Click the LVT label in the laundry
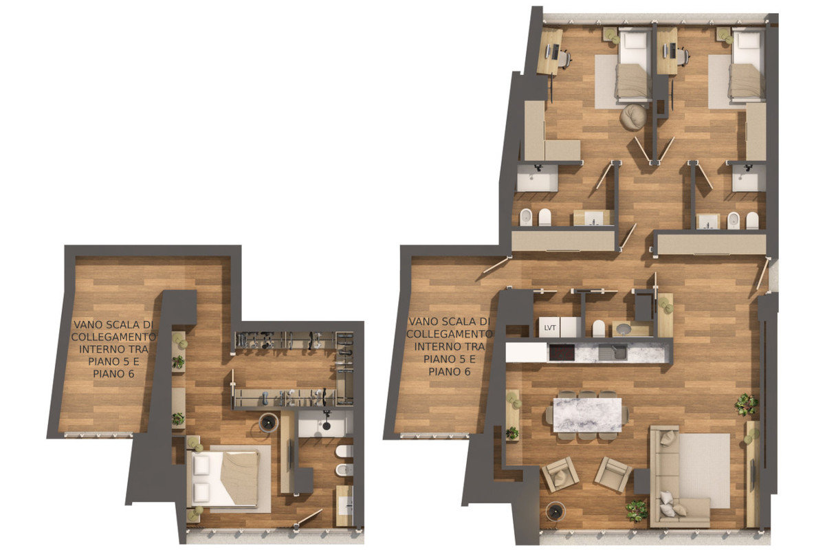[x=549, y=327]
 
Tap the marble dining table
[x=587, y=415]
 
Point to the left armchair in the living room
[x=559, y=474]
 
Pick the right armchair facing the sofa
[x=613, y=474]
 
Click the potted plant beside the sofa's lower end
[x=637, y=509]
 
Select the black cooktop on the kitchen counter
[x=560, y=353]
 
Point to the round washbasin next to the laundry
[x=623, y=329]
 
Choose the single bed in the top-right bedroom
[x=747, y=65]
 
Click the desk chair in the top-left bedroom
[x=564, y=59]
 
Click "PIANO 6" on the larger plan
[x=447, y=371]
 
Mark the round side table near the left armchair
[x=555, y=511]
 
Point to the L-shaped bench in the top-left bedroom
[x=547, y=137]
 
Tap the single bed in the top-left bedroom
[x=633, y=65]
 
